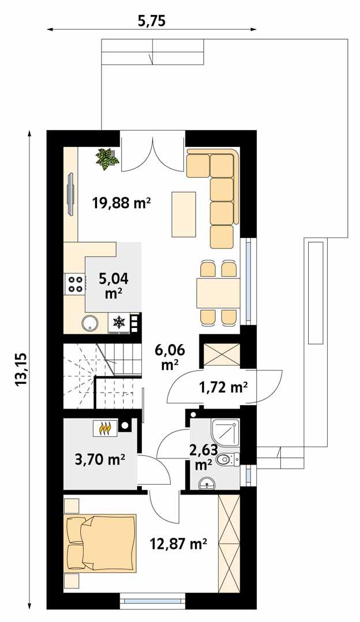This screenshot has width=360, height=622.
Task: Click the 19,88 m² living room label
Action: pos(121,202)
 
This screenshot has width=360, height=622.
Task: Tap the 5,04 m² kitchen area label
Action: pos(113,285)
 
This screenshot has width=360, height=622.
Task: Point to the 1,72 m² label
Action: pos(223,387)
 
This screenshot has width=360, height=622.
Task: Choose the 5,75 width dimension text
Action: pos(152,21)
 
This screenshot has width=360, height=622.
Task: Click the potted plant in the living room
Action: pos(107,158)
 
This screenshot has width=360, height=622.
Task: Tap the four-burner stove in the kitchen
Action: pos(75,284)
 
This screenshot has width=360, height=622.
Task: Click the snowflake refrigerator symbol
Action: pos(119,323)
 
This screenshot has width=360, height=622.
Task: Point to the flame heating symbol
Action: pos(105,428)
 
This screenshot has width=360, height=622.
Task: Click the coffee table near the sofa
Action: pos(183,214)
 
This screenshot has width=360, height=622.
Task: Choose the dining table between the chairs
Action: pos(217,293)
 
